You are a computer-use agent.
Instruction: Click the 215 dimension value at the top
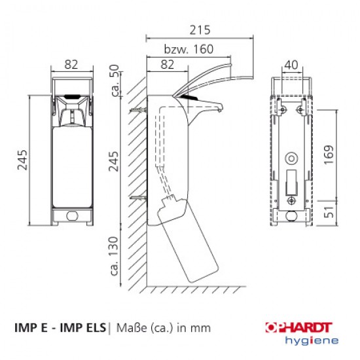(x=200, y=30)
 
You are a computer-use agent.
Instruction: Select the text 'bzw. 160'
(x=189, y=49)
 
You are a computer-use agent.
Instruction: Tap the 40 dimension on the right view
(x=291, y=65)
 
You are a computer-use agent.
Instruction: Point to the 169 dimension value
(x=329, y=154)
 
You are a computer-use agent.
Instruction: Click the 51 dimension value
(x=329, y=212)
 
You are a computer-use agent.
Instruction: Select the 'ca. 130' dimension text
(x=114, y=256)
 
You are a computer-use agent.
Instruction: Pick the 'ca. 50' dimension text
(x=115, y=80)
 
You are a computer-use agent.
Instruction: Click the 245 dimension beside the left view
(x=22, y=160)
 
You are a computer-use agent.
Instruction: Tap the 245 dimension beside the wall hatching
(x=113, y=162)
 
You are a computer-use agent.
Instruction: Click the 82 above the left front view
(x=71, y=65)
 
